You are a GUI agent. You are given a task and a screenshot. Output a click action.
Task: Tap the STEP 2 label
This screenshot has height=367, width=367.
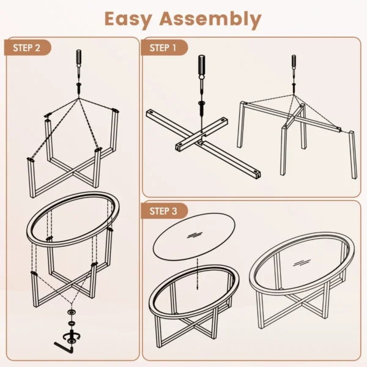click(x=27, y=48)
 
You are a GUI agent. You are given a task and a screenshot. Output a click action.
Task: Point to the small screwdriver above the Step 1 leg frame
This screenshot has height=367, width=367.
click(x=293, y=65)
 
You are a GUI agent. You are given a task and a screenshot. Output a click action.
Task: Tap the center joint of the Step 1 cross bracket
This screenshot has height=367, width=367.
click(x=200, y=141)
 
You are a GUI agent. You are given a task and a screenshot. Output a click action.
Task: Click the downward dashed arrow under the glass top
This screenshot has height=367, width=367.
click(x=197, y=275)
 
